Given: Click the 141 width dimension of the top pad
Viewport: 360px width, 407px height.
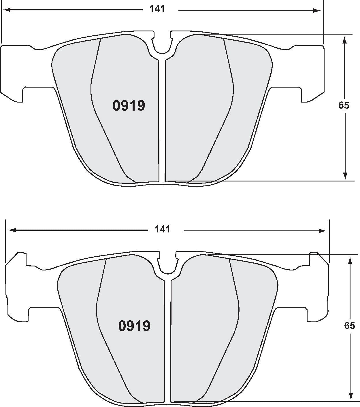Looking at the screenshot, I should tap(157, 9).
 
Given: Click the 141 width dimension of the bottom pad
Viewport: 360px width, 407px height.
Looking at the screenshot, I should tap(163, 229).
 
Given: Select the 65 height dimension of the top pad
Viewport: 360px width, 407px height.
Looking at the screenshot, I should tap(344, 105).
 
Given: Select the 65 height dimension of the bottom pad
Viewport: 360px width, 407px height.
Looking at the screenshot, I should tap(349, 325).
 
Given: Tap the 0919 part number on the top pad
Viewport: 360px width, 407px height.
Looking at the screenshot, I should tap(129, 106).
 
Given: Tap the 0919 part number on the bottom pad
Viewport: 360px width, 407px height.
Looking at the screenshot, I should tap(134, 326).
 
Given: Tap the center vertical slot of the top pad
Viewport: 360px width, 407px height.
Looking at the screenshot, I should tap(162, 121).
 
